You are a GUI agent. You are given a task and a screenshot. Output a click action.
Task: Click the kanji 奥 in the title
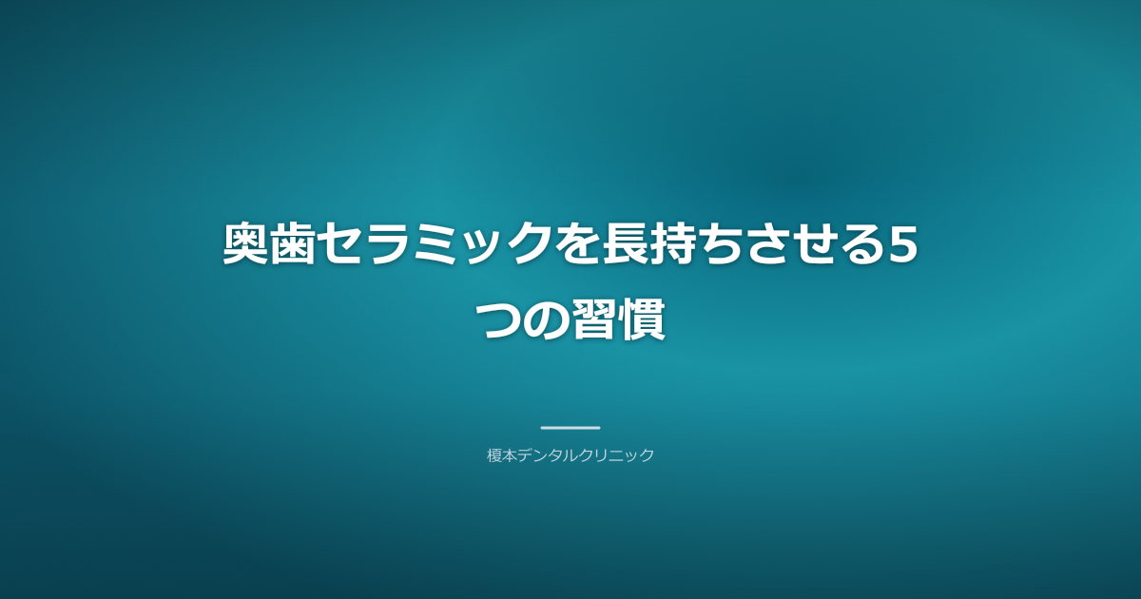click(246, 245)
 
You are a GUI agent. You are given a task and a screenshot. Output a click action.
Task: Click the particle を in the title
click(573, 245)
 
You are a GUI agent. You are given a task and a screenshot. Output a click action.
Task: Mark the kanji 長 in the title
click(620, 245)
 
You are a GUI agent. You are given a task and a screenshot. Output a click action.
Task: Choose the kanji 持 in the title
click(667, 245)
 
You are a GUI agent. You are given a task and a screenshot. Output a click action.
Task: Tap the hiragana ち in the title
click(713, 245)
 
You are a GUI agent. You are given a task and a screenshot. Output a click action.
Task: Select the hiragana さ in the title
click(760, 245)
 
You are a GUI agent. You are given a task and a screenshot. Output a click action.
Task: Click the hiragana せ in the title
click(806, 245)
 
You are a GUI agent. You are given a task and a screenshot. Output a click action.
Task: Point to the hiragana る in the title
click(853, 245)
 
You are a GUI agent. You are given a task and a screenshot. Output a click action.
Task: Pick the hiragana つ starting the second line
click(500, 319)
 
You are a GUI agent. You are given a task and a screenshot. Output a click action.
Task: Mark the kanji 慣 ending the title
click(641, 319)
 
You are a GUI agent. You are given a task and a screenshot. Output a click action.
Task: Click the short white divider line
click(570, 428)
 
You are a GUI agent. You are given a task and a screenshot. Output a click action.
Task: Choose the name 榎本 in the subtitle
click(502, 455)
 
